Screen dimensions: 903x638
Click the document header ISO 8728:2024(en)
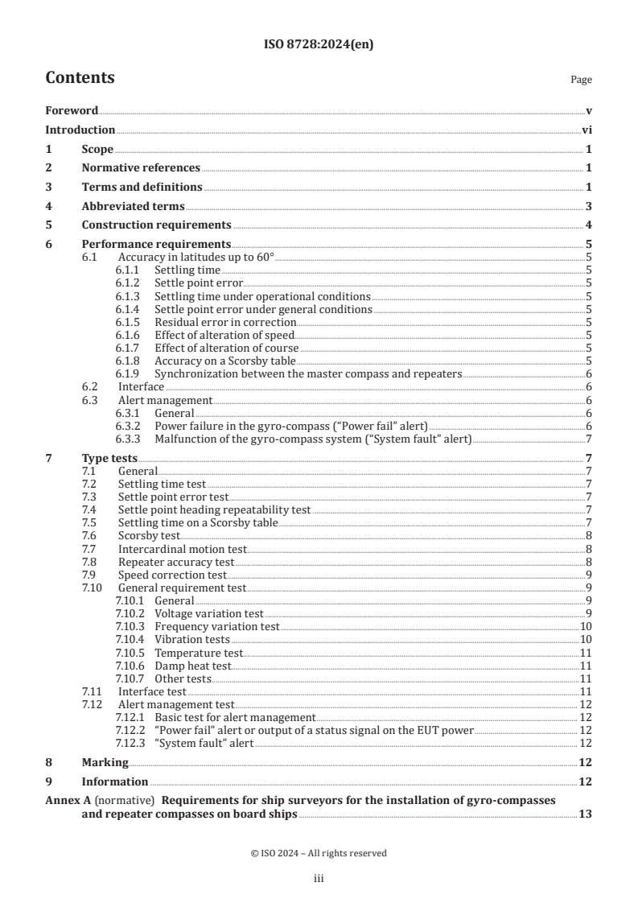[x=319, y=45]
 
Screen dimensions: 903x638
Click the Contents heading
[x=80, y=78]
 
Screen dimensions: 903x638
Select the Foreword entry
[x=72, y=110]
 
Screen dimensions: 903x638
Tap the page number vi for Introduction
[x=587, y=130]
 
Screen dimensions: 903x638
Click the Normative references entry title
[x=141, y=167]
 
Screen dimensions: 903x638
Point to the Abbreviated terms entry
[x=133, y=206]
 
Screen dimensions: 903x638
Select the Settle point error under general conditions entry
[x=263, y=309]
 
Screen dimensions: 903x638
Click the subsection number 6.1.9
[x=130, y=374]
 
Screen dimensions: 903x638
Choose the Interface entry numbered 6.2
[x=141, y=387]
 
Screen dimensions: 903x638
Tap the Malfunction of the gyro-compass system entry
[x=313, y=439]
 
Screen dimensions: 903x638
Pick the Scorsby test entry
[x=149, y=535]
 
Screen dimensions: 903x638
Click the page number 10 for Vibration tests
[x=587, y=640]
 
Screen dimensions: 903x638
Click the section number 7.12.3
[x=130, y=743]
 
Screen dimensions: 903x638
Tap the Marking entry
[x=105, y=762]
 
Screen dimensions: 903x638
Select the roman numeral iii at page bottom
[x=319, y=879]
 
